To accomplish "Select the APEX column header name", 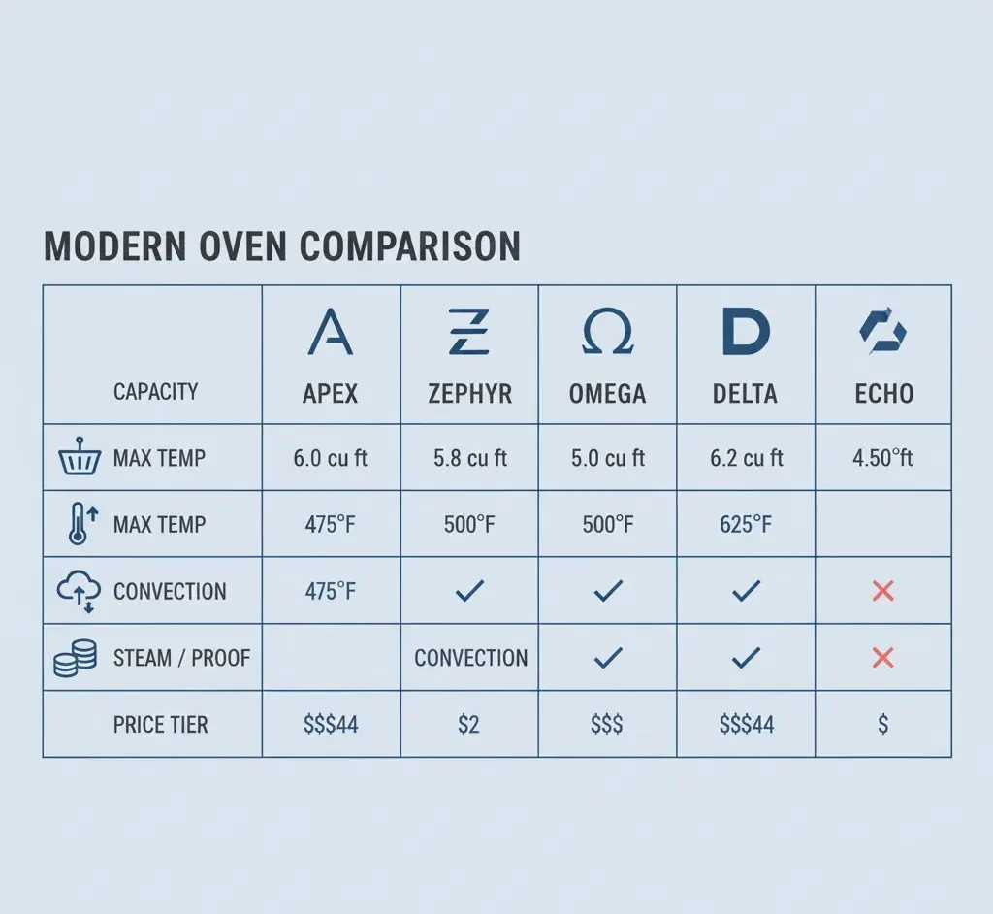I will tap(331, 393).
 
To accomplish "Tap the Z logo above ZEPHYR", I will tap(469, 332).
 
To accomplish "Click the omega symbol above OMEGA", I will tap(608, 333).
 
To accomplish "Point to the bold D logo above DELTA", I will tap(746, 333).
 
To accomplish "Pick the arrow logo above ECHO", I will tap(882, 333).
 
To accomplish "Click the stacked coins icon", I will tap(76, 658).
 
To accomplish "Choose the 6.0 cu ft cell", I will tap(331, 458).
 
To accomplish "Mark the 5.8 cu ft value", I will tap(470, 458).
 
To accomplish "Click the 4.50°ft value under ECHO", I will tap(882, 458).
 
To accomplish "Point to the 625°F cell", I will tap(746, 525).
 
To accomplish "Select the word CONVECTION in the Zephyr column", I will tap(471, 658).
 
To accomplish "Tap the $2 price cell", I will tap(468, 725).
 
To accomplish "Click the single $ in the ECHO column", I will tap(882, 725).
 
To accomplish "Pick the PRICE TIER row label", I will tap(160, 725).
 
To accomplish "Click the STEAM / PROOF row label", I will tap(181, 658).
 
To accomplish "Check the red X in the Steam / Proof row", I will tap(882, 658).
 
